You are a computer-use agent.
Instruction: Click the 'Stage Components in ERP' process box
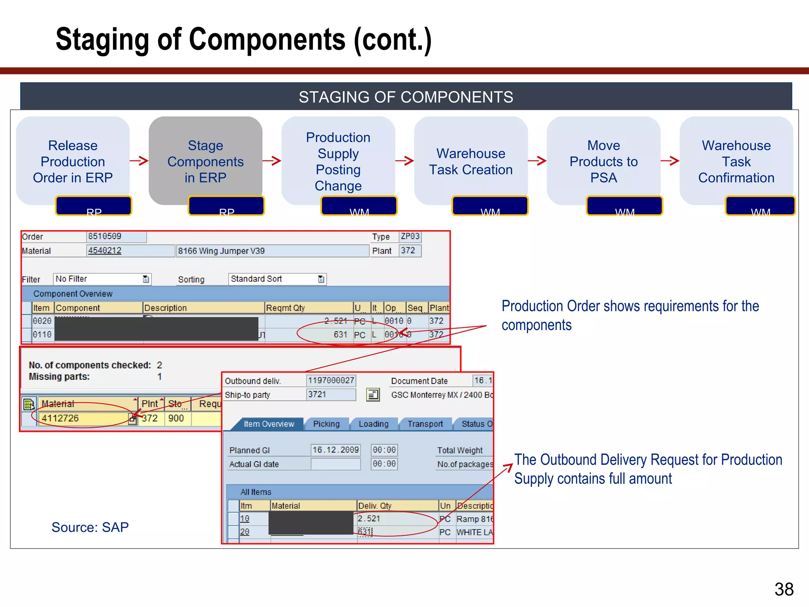tap(205, 161)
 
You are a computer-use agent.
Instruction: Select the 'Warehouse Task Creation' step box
tap(470, 161)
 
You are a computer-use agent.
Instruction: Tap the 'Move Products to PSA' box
tap(603, 161)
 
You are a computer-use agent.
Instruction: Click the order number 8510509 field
tap(116, 236)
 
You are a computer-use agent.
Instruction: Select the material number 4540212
tap(105, 251)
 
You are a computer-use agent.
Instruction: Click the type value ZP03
tap(410, 236)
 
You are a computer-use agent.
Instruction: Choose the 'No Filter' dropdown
tap(102, 279)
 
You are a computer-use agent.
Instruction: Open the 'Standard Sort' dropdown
tap(277, 279)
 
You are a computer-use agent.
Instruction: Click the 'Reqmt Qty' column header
tap(308, 308)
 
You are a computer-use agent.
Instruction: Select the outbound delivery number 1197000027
tap(331, 381)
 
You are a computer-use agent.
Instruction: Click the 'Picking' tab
tap(326, 424)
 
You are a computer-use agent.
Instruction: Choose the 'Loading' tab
tap(373, 424)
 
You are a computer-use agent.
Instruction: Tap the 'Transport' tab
tap(425, 424)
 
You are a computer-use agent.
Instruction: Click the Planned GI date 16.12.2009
tap(335, 450)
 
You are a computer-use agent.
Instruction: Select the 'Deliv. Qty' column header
tap(397, 506)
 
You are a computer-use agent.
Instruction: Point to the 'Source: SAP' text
tap(90, 527)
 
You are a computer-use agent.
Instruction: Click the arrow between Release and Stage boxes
tap(139, 160)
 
